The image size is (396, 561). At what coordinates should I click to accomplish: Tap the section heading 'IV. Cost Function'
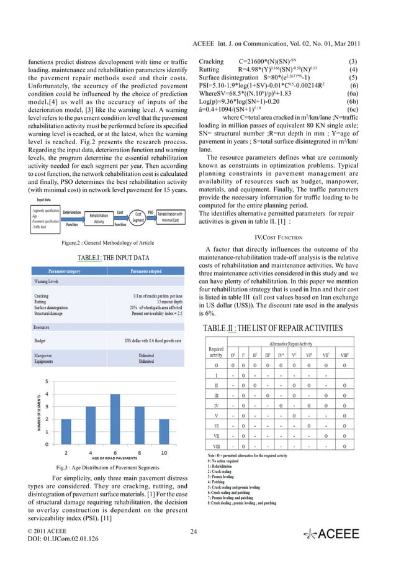(x=277, y=237)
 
